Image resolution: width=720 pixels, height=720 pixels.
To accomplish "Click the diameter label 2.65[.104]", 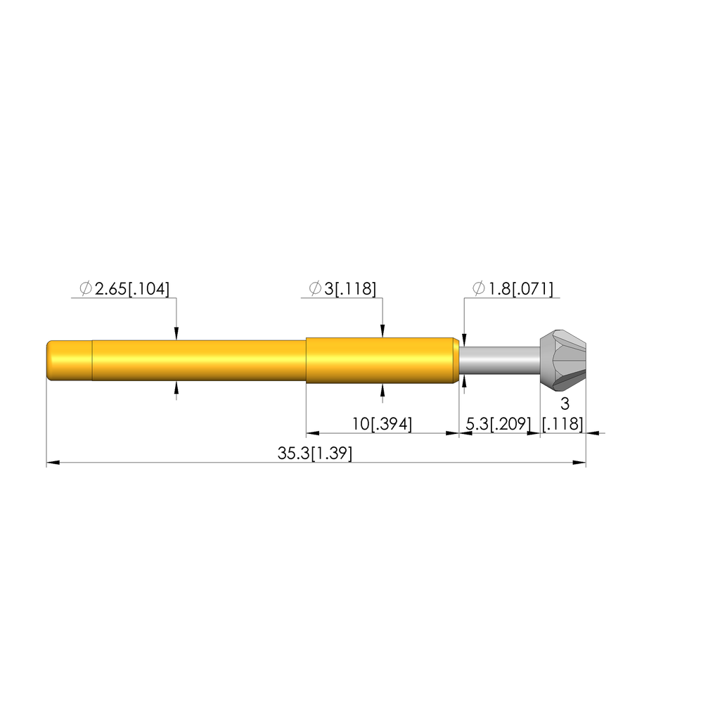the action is coord(132,289).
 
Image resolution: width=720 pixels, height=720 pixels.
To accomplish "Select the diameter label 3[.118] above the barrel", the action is coord(350,289).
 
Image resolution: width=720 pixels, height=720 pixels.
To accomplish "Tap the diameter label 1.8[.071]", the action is coord(521,289).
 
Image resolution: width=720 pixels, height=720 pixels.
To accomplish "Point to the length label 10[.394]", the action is coord(382,423).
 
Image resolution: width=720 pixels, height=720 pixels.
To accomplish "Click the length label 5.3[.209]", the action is coord(499,423).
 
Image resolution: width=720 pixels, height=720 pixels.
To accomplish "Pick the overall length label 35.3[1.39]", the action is coord(315,454).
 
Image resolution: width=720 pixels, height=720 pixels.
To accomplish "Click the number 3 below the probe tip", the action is coord(565,404).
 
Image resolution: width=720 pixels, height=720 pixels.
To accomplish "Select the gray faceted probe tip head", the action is coord(563,361).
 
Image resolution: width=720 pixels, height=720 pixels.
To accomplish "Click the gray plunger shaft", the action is coord(500,361).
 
